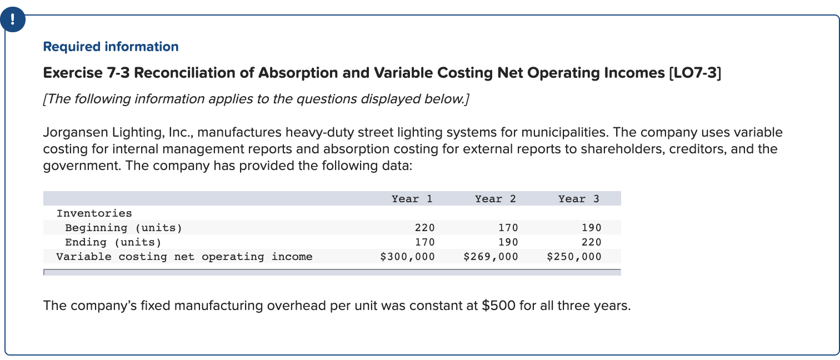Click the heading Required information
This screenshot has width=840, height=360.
111,47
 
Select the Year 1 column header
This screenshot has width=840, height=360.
412,199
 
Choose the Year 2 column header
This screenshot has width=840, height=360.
495,199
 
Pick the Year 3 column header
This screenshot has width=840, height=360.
578,199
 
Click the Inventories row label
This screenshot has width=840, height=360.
94,213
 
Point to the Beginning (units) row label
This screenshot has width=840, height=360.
123,228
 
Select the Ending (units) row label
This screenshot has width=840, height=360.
113,242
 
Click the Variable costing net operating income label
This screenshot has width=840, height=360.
184,257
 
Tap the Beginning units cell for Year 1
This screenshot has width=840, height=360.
425,228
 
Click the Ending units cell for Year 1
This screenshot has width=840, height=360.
425,242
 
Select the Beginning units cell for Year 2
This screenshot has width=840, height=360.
508,228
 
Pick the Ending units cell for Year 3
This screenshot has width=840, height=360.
592,242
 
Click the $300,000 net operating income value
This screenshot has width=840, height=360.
407,257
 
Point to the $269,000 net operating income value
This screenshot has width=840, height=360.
491,257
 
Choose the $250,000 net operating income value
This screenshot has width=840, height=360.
574,257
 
